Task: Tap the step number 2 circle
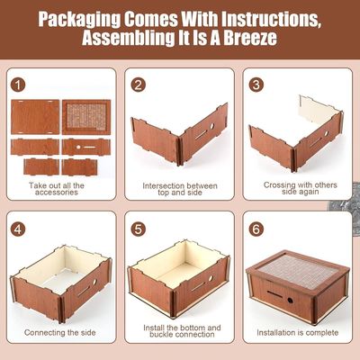139,85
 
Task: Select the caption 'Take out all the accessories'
58,191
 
